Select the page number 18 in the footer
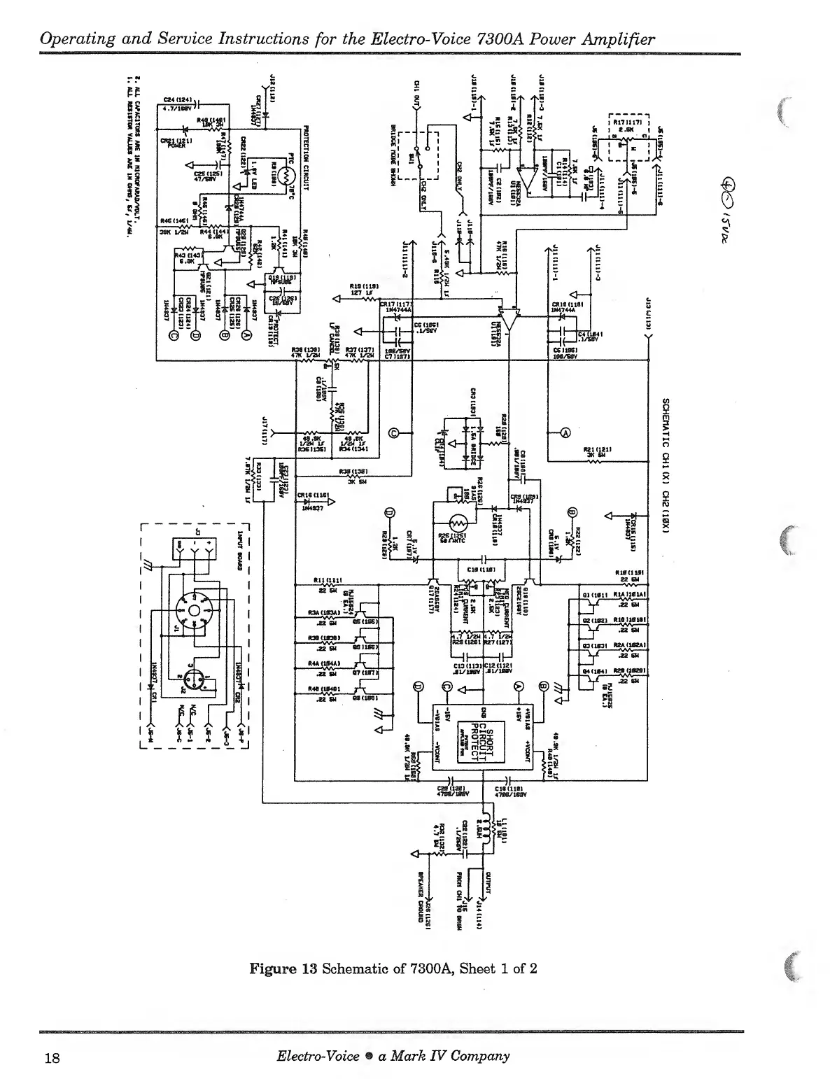pyautogui.click(x=51, y=1057)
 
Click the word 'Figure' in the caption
pyautogui.click(x=273, y=969)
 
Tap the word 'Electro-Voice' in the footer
pyautogui.click(x=317, y=1056)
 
